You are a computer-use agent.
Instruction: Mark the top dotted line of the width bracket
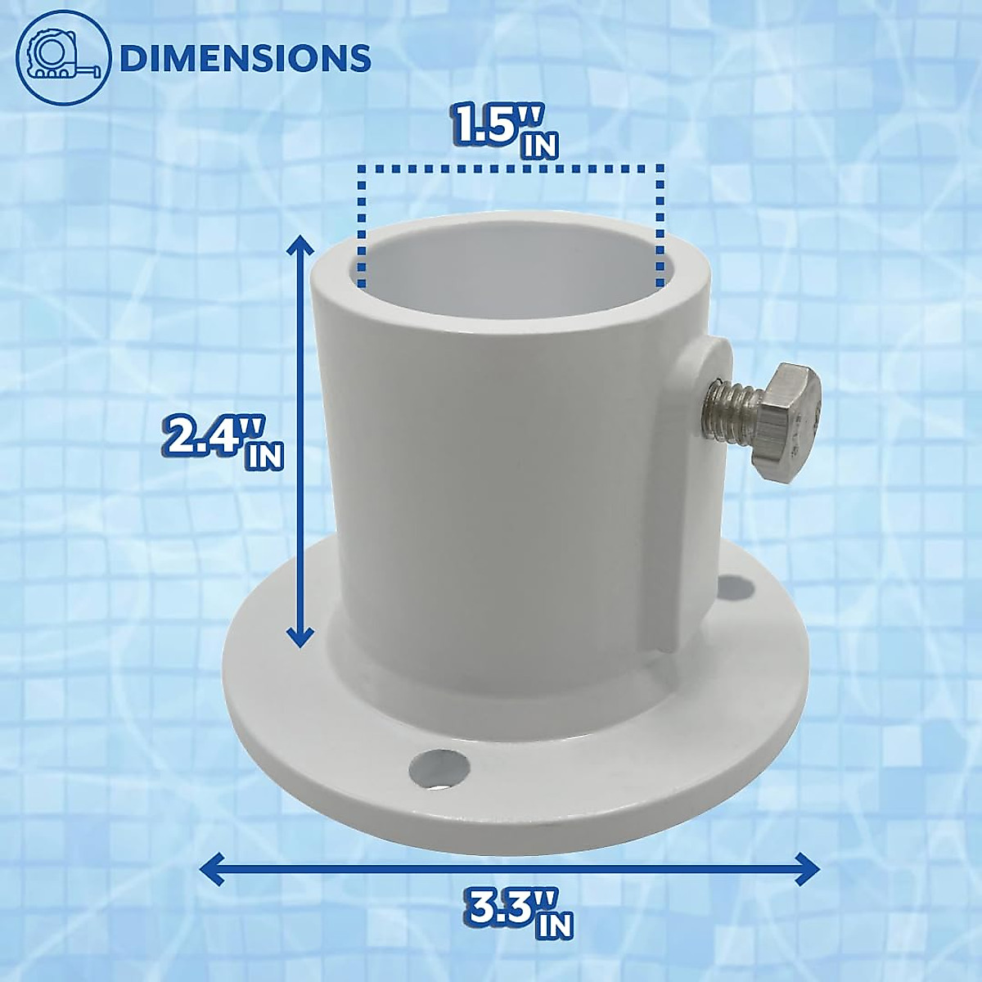[509, 168]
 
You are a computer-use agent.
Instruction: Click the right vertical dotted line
[660, 225]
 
